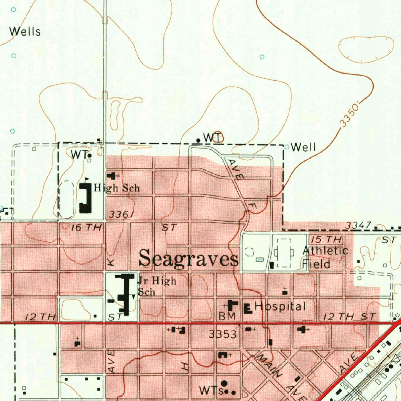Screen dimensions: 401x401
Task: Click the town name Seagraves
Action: pyautogui.click(x=189, y=259)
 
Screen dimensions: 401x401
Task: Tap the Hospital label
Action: pyautogui.click(x=280, y=307)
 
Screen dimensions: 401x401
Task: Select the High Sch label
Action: pyautogui.click(x=117, y=188)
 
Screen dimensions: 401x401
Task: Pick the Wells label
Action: pyautogui.click(x=25, y=31)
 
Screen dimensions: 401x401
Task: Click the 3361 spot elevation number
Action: pyautogui.click(x=122, y=215)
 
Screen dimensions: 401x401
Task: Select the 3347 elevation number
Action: pyautogui.click(x=358, y=226)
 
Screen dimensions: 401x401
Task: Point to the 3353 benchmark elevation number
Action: pyautogui.click(x=222, y=334)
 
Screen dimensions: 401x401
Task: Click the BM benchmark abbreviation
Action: pyautogui.click(x=227, y=317)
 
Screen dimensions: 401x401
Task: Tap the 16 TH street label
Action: pyautogui.click(x=87, y=228)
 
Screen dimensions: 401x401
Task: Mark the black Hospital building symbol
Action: pyautogui.click(x=247, y=308)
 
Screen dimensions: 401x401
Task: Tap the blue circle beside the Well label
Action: pyautogui.click(x=287, y=147)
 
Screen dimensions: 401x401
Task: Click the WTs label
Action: pyautogui.click(x=211, y=390)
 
